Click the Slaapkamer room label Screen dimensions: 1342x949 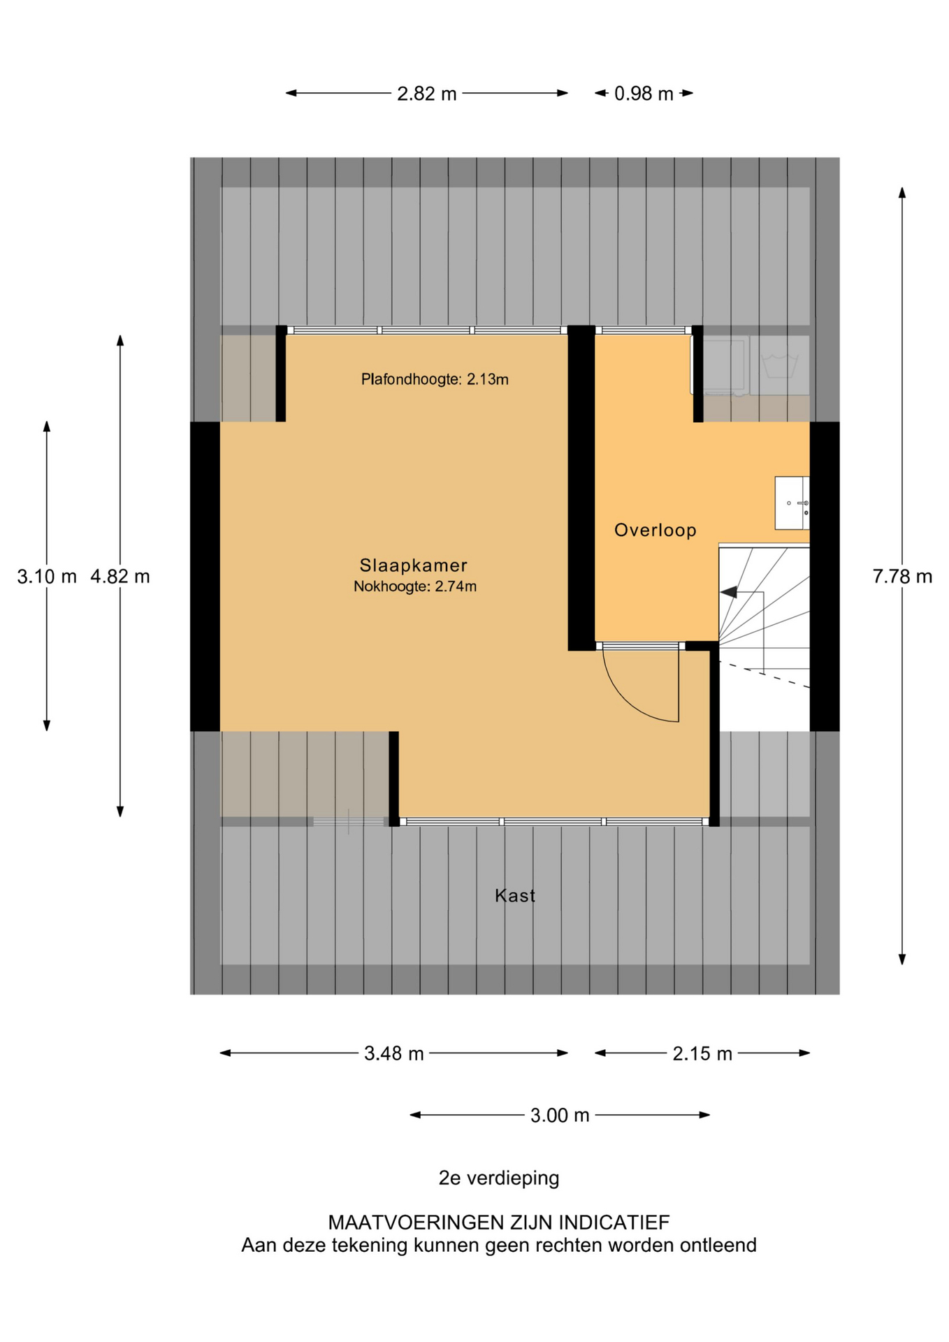click(x=413, y=565)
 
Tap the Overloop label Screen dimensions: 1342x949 click(x=655, y=530)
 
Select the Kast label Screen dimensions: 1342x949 click(x=514, y=895)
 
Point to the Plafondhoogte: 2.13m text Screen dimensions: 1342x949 click(x=434, y=380)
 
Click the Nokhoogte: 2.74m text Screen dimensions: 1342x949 click(x=414, y=586)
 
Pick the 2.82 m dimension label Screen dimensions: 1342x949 click(x=426, y=94)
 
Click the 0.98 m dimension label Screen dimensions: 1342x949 click(x=643, y=94)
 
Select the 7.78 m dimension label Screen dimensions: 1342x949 click(x=901, y=577)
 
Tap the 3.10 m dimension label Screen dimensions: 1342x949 click(x=47, y=577)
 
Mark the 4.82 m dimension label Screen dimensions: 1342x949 click(x=120, y=577)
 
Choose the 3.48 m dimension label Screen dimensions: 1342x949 click(x=393, y=1053)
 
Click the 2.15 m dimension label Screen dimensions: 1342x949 click(x=702, y=1053)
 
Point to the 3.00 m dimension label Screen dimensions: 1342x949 click(x=559, y=1116)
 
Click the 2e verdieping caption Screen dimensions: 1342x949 click(x=498, y=1178)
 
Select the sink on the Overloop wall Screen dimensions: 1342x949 click(x=792, y=503)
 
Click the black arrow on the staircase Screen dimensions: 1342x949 click(x=728, y=592)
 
